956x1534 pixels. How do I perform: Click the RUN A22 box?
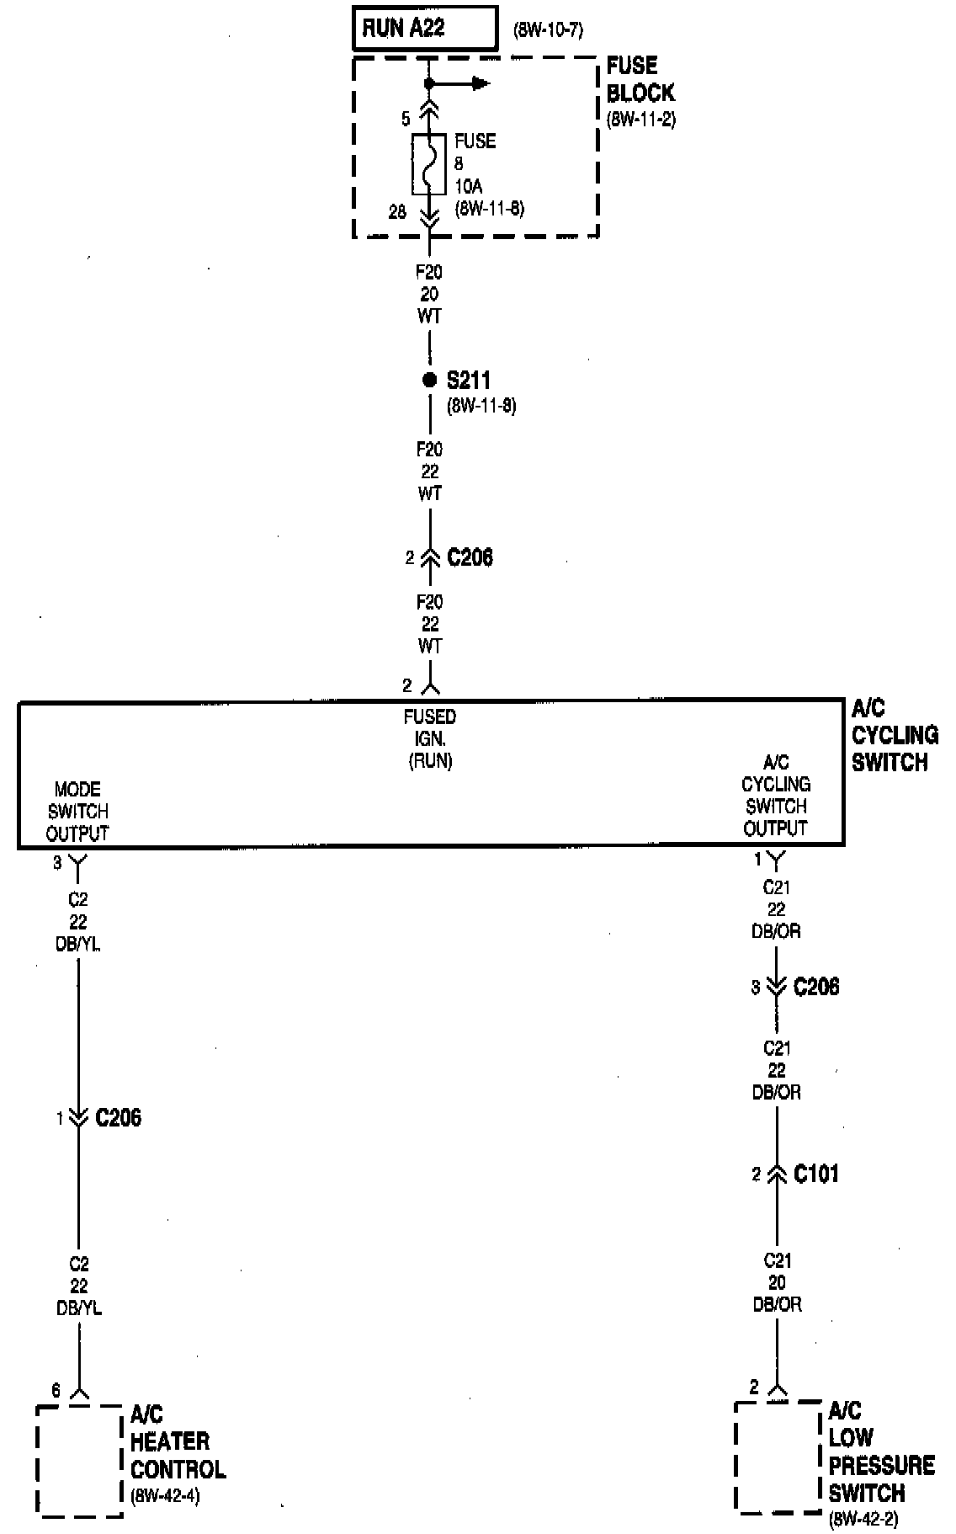(x=424, y=29)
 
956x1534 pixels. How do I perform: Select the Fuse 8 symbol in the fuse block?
(x=429, y=163)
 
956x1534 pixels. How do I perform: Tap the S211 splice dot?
(x=429, y=381)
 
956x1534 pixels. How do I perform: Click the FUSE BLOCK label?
(x=640, y=79)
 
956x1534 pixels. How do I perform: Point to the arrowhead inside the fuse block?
(x=481, y=83)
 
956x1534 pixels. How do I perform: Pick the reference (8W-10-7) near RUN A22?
(x=548, y=31)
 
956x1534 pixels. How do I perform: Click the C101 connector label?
(x=815, y=1174)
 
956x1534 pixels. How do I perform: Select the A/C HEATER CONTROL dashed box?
(x=79, y=1461)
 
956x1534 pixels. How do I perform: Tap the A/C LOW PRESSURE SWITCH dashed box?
(x=778, y=1457)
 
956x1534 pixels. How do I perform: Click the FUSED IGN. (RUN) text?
(x=430, y=738)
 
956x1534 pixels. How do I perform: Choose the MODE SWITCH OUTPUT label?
(x=77, y=812)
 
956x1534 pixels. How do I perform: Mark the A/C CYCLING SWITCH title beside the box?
(x=894, y=735)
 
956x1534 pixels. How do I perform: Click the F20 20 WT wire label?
(x=429, y=295)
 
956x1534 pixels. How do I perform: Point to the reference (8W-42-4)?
(x=165, y=1496)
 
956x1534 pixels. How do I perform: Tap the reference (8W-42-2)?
(x=863, y=1519)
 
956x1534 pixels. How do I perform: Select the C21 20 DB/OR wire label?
(x=777, y=1282)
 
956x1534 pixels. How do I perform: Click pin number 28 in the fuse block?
(x=397, y=212)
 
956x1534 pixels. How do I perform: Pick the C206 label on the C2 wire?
(x=118, y=1118)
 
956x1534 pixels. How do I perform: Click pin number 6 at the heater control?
(x=56, y=1391)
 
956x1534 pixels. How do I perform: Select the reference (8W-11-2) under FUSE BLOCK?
(x=640, y=119)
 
